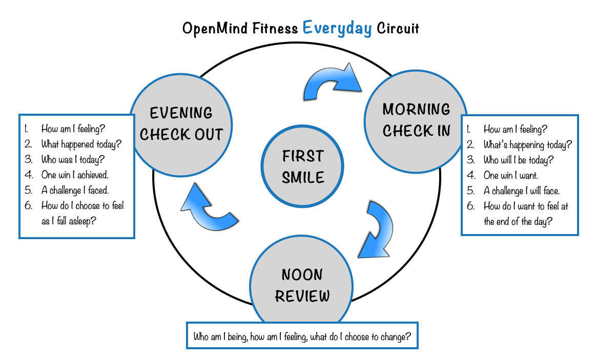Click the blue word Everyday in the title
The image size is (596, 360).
(337, 28)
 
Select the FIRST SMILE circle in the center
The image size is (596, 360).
(303, 166)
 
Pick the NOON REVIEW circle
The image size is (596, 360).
(302, 285)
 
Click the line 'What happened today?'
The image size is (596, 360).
(81, 144)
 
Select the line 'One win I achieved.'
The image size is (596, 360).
(75, 175)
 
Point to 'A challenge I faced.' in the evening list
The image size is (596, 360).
(75, 190)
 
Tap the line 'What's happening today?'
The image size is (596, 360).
(527, 145)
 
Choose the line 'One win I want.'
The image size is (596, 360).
(510, 176)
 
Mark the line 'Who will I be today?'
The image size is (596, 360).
(518, 160)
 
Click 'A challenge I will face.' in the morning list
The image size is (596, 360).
(522, 191)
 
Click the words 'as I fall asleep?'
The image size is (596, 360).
(70, 221)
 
